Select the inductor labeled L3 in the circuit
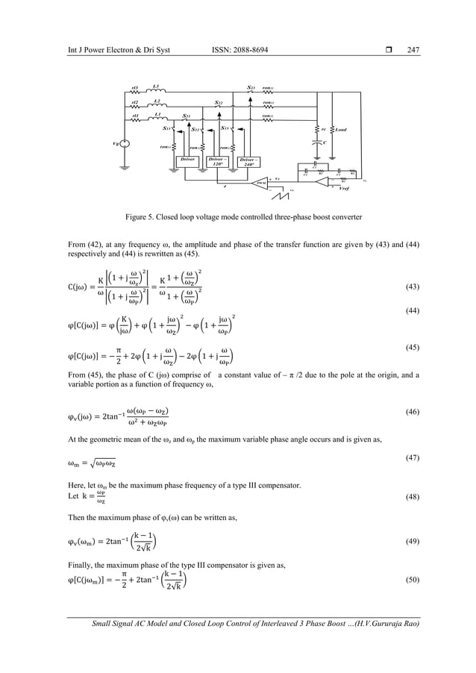point(157,93)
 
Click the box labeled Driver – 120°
point(217,162)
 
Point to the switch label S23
point(251,87)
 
